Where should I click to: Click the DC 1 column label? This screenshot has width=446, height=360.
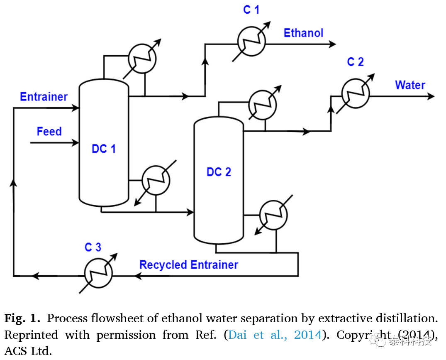pyautogui.click(x=104, y=149)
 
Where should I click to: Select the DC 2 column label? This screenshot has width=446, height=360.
pyautogui.click(x=219, y=172)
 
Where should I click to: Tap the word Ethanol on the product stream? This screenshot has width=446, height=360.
pyautogui.click(x=303, y=33)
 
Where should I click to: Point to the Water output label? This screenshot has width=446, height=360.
pyautogui.click(x=410, y=85)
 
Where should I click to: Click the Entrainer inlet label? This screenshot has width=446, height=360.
pyautogui.click(x=44, y=97)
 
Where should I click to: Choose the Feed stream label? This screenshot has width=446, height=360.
pyautogui.click(x=49, y=132)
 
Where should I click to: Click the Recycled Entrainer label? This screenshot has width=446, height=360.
pyautogui.click(x=189, y=265)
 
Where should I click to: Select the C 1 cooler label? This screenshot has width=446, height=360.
pyautogui.click(x=251, y=10)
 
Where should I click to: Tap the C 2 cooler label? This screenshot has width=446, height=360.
pyautogui.click(x=355, y=62)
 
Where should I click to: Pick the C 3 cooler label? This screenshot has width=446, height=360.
pyautogui.click(x=93, y=247)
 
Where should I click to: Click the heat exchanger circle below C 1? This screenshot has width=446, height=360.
pyautogui.click(x=251, y=42)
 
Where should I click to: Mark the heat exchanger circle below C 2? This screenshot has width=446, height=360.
pyautogui.click(x=356, y=94)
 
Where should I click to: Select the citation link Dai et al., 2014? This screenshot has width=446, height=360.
pyautogui.click(x=275, y=335)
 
